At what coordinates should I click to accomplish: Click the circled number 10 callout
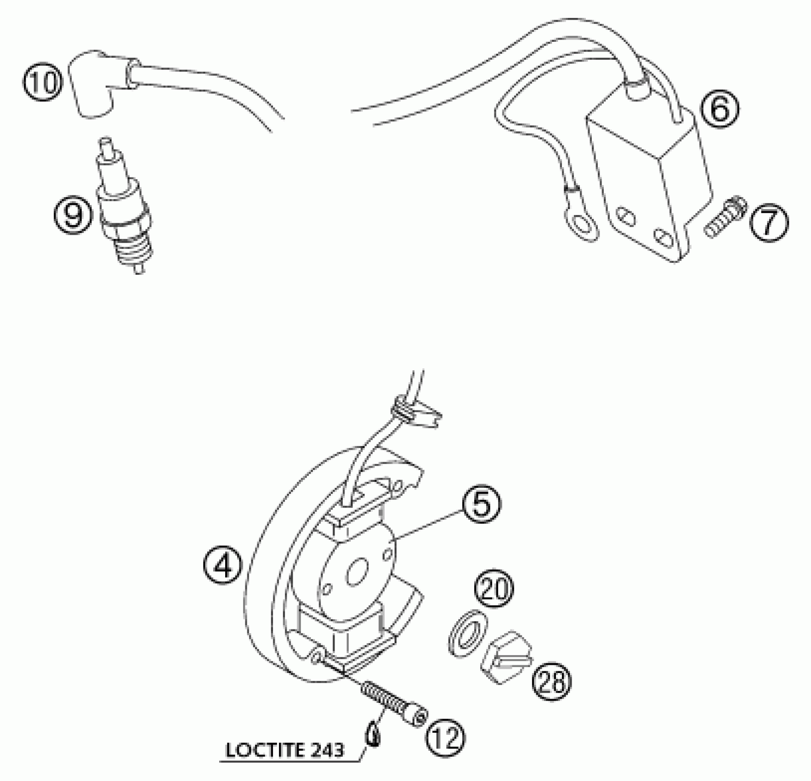click(x=43, y=83)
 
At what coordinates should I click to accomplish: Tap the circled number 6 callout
click(x=719, y=109)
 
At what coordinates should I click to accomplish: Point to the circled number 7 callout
click(x=769, y=224)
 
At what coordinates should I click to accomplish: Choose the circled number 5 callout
click(x=481, y=504)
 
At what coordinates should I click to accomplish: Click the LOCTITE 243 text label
click(x=285, y=751)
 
